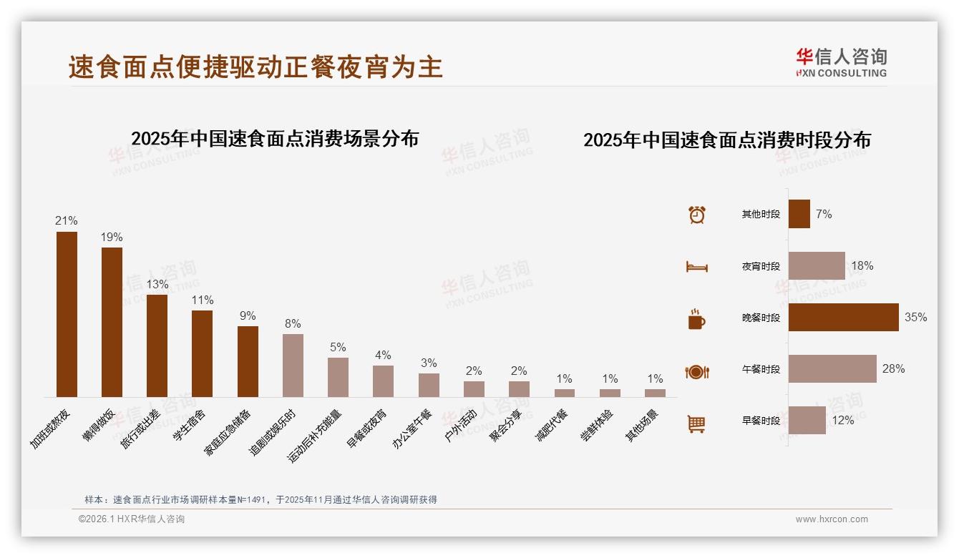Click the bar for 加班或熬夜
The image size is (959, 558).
67,314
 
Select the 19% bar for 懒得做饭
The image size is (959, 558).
112,322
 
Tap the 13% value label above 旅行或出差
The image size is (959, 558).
157,284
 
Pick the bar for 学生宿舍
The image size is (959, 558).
202,353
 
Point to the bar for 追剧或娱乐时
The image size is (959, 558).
293,366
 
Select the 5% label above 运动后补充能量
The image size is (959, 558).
338,347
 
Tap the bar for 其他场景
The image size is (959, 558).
655,393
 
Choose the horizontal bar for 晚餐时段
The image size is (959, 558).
843,317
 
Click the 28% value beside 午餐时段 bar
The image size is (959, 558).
893,368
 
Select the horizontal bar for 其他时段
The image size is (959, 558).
799,214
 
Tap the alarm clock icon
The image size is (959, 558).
696,215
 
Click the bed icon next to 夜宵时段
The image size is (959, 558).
696,266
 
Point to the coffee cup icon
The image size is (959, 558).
696,319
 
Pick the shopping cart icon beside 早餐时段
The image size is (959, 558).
696,424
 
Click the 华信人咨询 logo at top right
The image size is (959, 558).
841,62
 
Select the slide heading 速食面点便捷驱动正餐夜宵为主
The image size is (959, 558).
255,67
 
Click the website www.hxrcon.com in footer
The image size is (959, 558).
832,519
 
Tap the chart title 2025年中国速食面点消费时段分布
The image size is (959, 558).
726,140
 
